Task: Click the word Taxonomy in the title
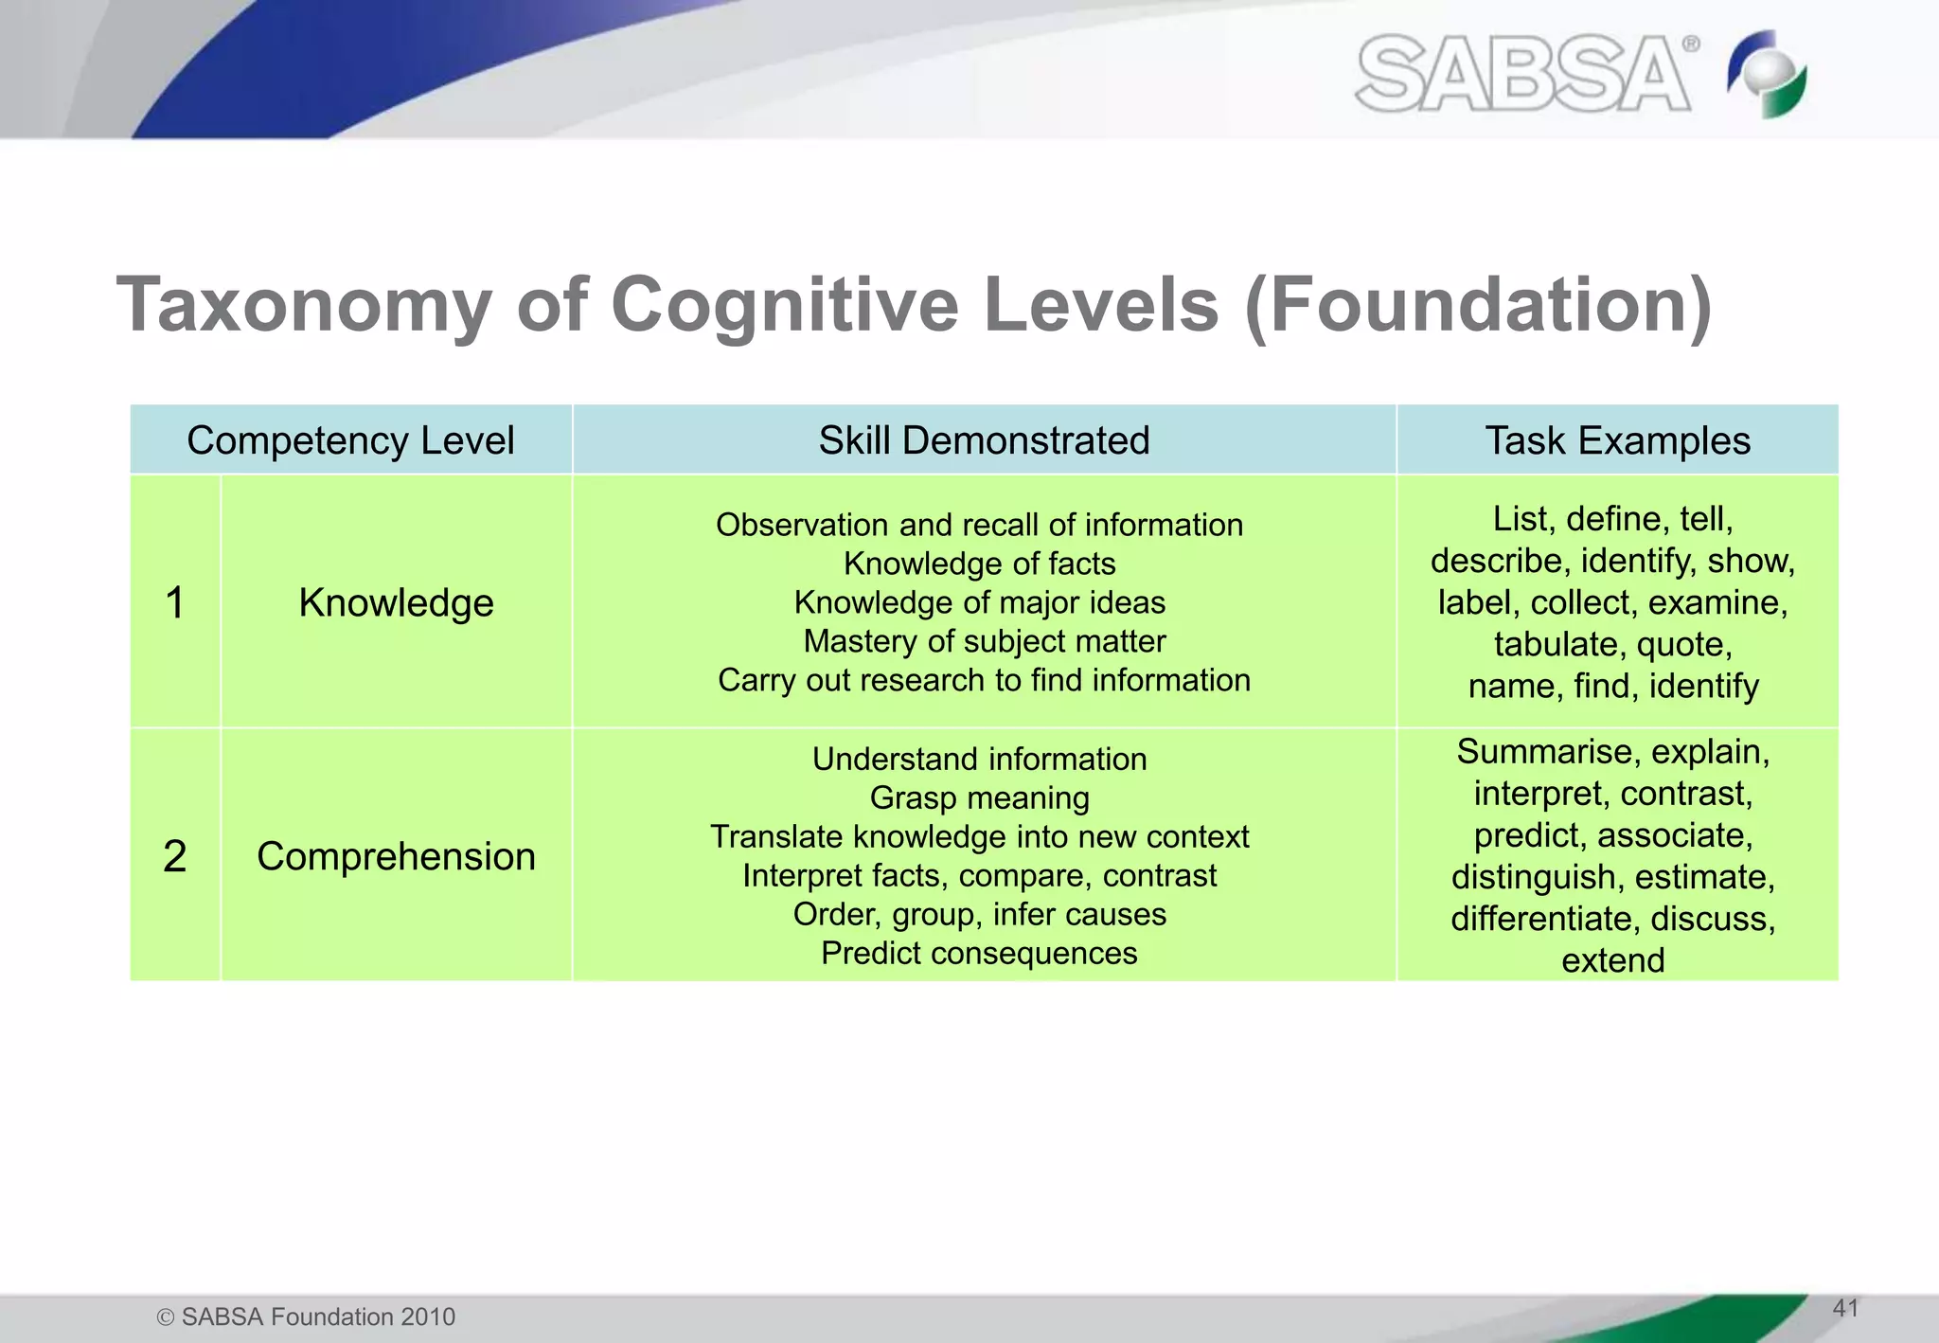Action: pos(303,305)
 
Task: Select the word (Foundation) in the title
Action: pos(1478,305)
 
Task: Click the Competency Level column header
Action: pos(350,440)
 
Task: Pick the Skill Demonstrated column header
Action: pos(984,440)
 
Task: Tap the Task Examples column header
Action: pos(1617,440)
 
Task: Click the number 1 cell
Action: pos(175,602)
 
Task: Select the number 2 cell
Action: pos(175,856)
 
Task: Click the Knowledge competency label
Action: pos(396,602)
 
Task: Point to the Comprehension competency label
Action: pos(396,856)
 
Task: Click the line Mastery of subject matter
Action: pos(984,641)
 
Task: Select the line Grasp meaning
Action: pos(979,797)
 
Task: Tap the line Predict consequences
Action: pos(979,953)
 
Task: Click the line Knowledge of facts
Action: pos(979,564)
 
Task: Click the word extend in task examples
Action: pos(1612,960)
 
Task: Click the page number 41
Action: pos(1845,1308)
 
